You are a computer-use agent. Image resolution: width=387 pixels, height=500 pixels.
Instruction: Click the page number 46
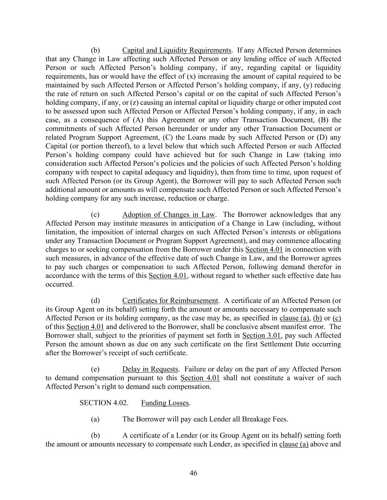click(193, 473)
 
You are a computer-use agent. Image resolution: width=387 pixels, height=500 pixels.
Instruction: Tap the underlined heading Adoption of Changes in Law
click(168, 215)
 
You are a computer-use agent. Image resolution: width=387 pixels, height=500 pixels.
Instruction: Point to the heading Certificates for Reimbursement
click(170, 301)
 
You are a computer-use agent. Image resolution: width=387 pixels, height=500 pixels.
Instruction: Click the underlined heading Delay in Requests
click(150, 369)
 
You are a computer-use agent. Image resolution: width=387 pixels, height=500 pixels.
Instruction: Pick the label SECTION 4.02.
click(104, 403)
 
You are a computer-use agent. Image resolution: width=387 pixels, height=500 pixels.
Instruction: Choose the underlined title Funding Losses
click(165, 403)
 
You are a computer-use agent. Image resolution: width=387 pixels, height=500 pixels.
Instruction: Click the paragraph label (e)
click(95, 369)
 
